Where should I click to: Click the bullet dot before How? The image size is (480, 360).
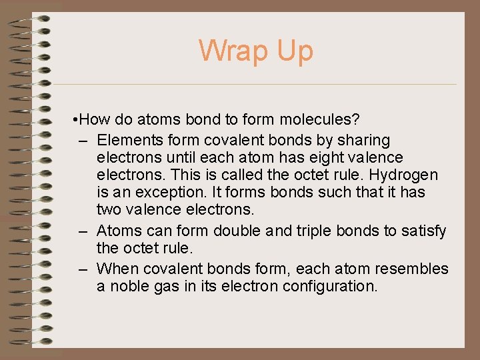78,120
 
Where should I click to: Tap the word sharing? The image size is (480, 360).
364,141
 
